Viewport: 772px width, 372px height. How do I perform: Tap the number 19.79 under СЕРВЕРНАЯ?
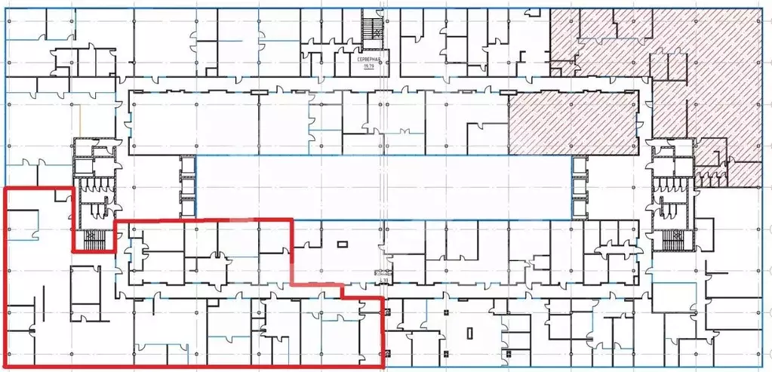pyautogui.click(x=369, y=67)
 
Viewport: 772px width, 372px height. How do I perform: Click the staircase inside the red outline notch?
pyautogui.click(x=92, y=240)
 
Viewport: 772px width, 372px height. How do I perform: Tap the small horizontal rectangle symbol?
pyautogui.click(x=343, y=244)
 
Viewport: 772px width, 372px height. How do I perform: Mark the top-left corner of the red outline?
pyautogui.click(x=6, y=187)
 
